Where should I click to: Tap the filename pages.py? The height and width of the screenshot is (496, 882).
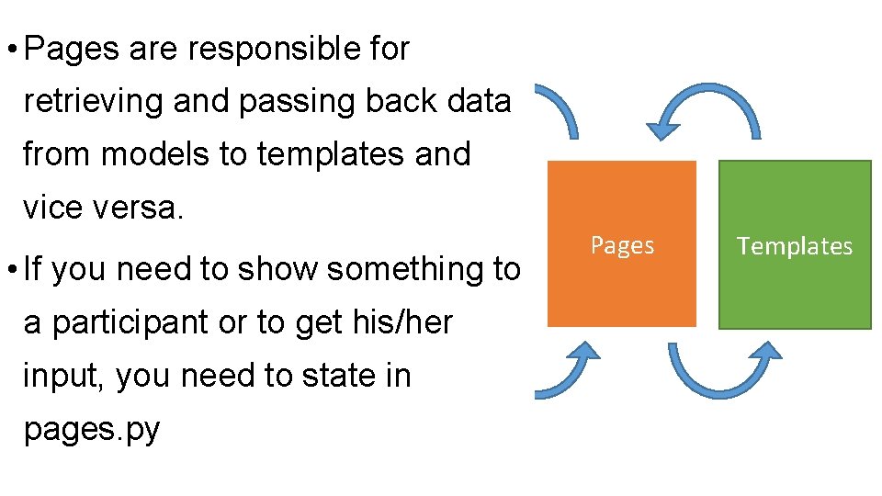pyautogui.click(x=92, y=430)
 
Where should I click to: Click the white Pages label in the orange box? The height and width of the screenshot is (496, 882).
pyautogui.click(x=622, y=245)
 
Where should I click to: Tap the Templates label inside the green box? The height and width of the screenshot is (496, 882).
pyautogui.click(x=795, y=246)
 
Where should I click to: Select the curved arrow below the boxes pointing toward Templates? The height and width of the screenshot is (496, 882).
pyautogui.click(x=725, y=372)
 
